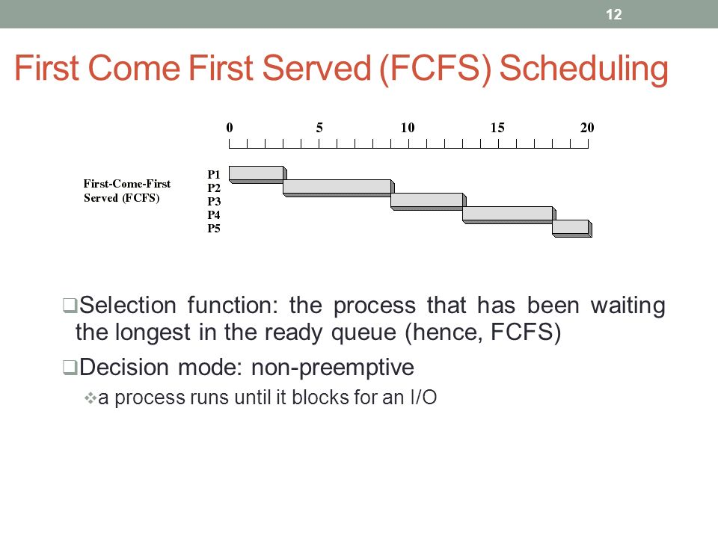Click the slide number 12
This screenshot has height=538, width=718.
pyautogui.click(x=613, y=14)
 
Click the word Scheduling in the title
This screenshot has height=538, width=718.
pyautogui.click(x=583, y=69)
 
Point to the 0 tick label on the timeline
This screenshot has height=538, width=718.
pyautogui.click(x=230, y=128)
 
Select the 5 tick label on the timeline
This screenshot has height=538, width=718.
pyautogui.click(x=319, y=128)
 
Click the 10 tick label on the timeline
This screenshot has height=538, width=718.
pyautogui.click(x=408, y=128)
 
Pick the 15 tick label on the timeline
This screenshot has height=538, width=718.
pyautogui.click(x=497, y=128)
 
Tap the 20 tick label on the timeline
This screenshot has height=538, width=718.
pyautogui.click(x=587, y=128)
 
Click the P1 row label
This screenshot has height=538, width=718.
pyautogui.click(x=213, y=174)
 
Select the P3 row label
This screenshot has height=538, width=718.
pyautogui.click(x=213, y=201)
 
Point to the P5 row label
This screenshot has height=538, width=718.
pyautogui.click(x=213, y=229)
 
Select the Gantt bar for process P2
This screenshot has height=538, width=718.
pyautogui.click(x=338, y=188)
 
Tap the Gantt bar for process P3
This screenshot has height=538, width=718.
pyautogui.click(x=428, y=201)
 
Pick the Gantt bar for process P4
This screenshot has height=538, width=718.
pyautogui.click(x=509, y=215)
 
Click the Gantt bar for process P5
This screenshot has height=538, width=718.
pyautogui.click(x=572, y=229)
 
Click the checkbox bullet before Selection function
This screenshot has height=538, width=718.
pyautogui.click(x=70, y=305)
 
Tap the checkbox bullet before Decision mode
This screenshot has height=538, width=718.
pyautogui.click(x=70, y=368)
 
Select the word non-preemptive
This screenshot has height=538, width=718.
pyautogui.click(x=332, y=368)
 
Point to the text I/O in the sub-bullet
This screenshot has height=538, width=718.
pyautogui.click(x=423, y=397)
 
